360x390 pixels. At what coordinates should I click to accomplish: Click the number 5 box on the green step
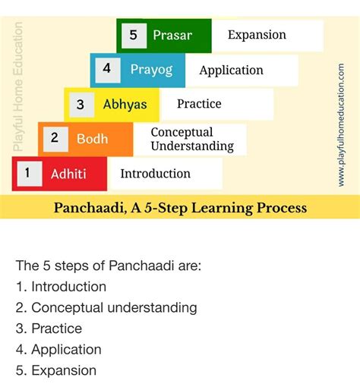133,35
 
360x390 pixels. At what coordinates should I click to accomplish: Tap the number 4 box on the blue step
107,69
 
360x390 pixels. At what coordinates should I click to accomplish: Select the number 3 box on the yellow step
81,104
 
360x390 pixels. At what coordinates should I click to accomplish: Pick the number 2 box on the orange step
55,138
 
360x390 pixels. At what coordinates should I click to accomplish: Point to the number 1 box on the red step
28,173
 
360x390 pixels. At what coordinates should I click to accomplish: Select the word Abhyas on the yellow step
125,104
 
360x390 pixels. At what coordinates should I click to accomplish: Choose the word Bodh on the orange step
92,139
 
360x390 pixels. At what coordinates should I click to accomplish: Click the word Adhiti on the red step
68,174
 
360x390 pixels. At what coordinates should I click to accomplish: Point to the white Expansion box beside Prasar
257,35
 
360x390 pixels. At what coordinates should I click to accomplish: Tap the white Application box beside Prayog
232,71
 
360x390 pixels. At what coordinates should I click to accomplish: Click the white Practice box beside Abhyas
200,104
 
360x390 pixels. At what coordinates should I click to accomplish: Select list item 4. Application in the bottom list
58,350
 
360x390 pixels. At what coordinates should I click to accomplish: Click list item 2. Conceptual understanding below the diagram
106,307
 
